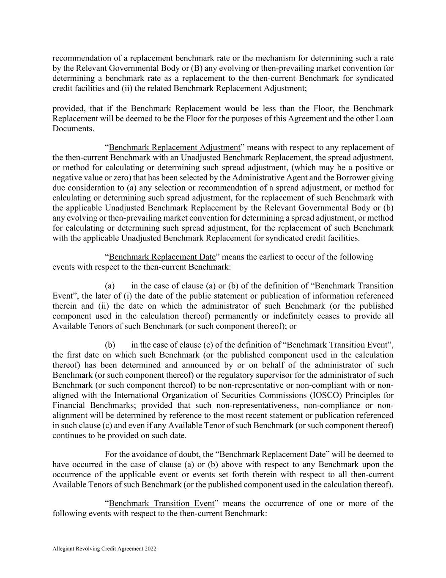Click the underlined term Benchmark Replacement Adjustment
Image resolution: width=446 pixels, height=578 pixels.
click(x=174, y=147)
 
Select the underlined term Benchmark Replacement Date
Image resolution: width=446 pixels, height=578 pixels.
click(x=162, y=257)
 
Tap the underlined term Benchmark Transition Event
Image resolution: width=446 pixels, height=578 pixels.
click(x=161, y=503)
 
